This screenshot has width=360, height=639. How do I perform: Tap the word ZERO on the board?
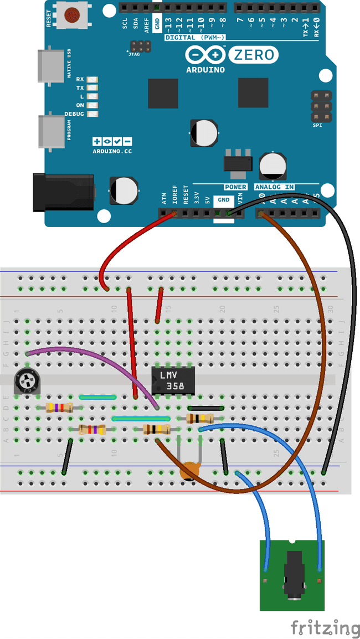pos(253,54)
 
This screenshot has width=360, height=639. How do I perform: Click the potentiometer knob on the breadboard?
pos(26,382)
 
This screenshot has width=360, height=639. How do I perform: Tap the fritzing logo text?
pos(326,627)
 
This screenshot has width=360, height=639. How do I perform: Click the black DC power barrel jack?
pos(62,192)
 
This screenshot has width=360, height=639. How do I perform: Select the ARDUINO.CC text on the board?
pos(112,151)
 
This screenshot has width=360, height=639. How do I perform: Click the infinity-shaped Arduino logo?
pos(205,54)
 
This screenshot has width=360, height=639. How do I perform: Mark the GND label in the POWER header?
pos(224,200)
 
